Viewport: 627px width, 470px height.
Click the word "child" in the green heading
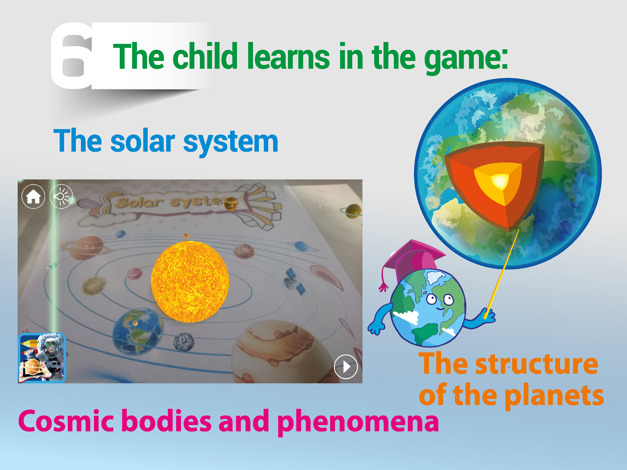205,56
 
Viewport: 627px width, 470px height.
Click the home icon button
34,196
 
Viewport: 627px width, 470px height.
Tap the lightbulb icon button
61,196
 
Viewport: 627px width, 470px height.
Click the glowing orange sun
190,282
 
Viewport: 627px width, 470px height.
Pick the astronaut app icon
42,358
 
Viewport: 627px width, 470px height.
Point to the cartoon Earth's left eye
431,299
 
